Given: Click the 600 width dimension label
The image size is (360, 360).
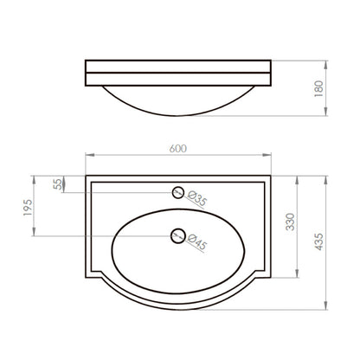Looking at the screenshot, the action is tap(178, 149).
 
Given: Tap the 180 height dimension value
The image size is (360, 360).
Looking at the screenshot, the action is tap(318, 89).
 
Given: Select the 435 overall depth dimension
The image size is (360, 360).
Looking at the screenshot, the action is tap(318, 241).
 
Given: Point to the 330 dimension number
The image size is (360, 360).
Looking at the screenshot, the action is tap(290, 222).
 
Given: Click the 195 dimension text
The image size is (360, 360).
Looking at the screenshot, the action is tap(28, 208).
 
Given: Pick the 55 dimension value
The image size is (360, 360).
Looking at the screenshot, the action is tap(58, 184).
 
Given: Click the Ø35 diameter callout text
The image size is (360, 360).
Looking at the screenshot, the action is tap(197, 199).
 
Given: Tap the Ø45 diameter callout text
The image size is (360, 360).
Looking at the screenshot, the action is tap(197, 241).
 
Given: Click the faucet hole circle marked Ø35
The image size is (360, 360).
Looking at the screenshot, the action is tap(178, 187).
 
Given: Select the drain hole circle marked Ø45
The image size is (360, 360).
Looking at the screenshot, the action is tap(178, 230).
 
